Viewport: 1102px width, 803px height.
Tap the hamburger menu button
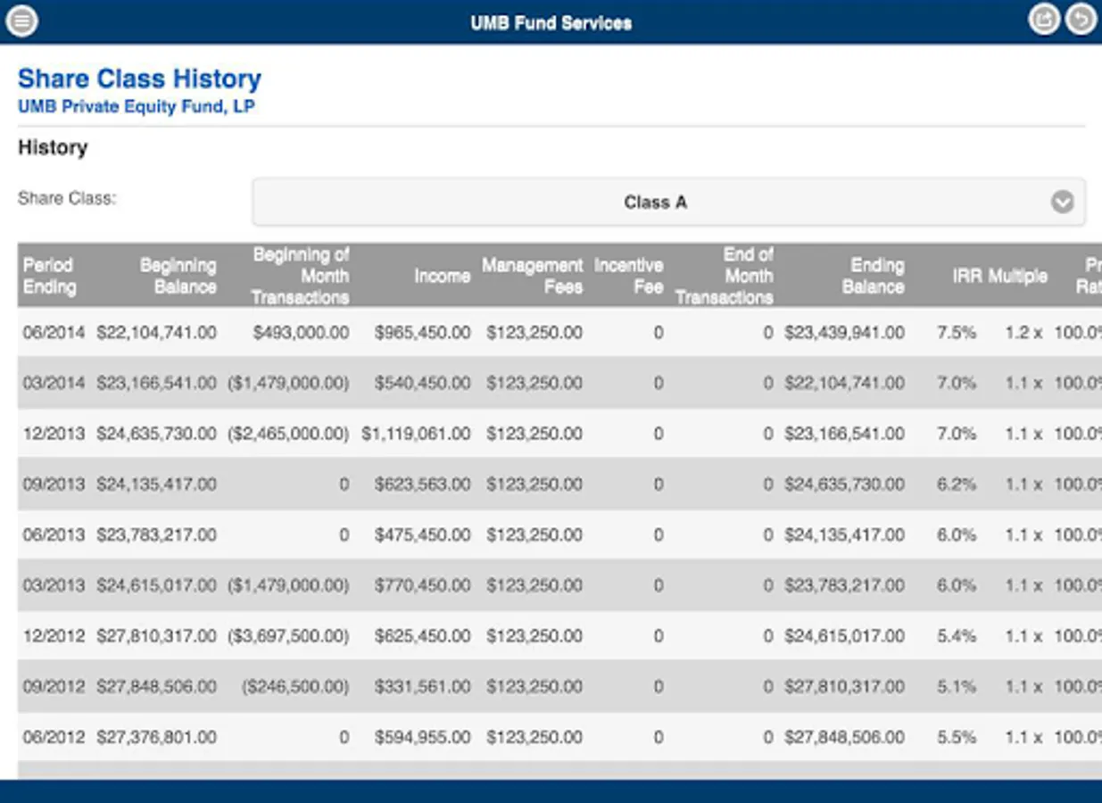point(21,20)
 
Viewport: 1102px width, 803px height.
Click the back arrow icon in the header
point(1081,19)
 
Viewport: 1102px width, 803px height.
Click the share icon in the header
point(1043,19)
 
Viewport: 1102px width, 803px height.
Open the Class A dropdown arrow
point(1062,202)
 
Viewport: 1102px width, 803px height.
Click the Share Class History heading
point(139,79)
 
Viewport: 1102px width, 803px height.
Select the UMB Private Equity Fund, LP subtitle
point(137,107)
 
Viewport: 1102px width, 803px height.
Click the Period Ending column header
point(50,276)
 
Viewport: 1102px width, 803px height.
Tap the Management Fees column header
point(533,276)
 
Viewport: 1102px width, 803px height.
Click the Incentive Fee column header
point(628,276)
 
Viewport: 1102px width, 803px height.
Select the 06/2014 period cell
point(54,333)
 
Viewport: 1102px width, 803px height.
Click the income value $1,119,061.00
point(416,434)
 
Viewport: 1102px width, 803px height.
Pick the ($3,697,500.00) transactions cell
point(288,636)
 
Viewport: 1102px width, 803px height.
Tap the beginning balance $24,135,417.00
point(156,484)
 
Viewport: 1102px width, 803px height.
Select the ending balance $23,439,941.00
point(844,333)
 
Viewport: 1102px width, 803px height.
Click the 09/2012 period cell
point(54,687)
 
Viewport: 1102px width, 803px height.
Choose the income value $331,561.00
point(422,687)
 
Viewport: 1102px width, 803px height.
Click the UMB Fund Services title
point(551,22)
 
